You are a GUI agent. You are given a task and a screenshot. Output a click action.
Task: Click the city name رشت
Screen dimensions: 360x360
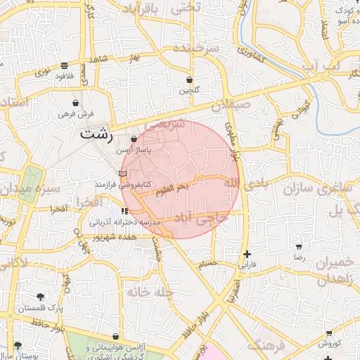point(96,134)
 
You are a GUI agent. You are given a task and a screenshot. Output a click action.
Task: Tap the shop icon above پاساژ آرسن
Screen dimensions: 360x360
point(134,139)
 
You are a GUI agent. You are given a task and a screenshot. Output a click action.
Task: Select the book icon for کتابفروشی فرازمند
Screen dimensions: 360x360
point(122,174)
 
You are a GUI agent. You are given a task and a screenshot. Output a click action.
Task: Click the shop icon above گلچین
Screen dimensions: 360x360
point(189,79)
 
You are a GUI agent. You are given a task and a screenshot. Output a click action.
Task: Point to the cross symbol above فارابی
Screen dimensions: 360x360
point(247,254)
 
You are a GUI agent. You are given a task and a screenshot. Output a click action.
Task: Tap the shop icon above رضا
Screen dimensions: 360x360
point(299,247)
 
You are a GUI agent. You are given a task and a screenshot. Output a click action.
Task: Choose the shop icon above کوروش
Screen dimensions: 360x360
point(329,333)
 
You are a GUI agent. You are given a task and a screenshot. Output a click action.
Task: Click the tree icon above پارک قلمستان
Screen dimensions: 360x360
point(40,297)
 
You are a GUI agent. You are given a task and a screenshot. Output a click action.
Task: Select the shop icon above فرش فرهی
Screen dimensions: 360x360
point(75,103)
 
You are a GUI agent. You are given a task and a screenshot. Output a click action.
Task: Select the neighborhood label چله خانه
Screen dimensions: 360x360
point(150,290)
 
